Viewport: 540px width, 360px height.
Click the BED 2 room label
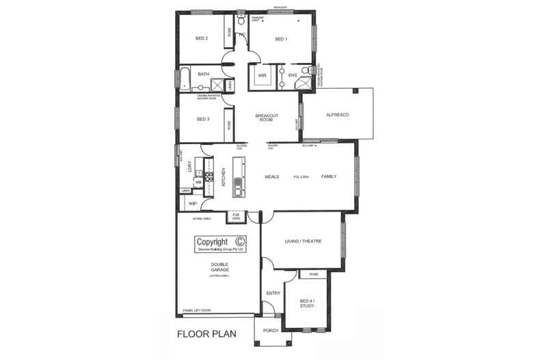tap(201, 38)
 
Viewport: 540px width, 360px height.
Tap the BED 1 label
tap(281, 40)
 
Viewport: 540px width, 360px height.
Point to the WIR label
tap(262, 75)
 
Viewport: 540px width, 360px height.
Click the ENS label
tap(292, 75)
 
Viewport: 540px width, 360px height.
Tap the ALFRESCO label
tap(338, 115)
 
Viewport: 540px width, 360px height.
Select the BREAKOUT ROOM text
tap(265, 117)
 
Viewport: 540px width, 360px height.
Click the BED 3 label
tap(202, 119)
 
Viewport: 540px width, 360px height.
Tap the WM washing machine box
tap(198, 182)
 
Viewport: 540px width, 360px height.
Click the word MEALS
tap(273, 176)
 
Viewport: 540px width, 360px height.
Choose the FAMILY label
tap(329, 176)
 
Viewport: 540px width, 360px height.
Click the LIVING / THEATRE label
tap(303, 241)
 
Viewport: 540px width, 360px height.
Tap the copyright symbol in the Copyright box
tap(239, 241)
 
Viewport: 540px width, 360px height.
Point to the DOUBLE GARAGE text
tap(219, 267)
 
